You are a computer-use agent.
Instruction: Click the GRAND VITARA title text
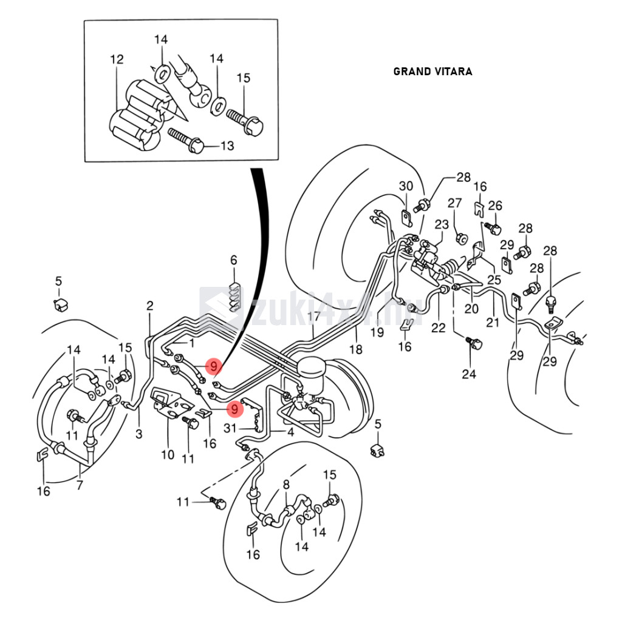(432, 72)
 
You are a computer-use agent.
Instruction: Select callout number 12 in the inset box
(117, 59)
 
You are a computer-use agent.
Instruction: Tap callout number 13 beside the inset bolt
(227, 146)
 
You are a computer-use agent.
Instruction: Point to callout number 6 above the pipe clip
(234, 260)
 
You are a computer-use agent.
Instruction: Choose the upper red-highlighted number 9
(213, 366)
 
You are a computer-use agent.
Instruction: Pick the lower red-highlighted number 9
(234, 409)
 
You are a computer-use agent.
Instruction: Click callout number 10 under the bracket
(167, 454)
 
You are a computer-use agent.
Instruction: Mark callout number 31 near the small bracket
(229, 429)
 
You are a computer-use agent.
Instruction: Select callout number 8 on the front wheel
(286, 485)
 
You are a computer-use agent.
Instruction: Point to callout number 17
(313, 316)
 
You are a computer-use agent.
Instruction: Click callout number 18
(356, 349)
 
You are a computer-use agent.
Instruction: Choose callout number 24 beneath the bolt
(468, 374)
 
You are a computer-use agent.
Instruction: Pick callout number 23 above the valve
(442, 225)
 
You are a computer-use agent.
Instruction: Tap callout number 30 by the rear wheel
(406, 186)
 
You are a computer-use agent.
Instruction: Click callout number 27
(455, 203)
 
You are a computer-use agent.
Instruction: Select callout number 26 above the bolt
(495, 206)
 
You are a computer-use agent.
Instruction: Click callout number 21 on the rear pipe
(492, 322)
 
